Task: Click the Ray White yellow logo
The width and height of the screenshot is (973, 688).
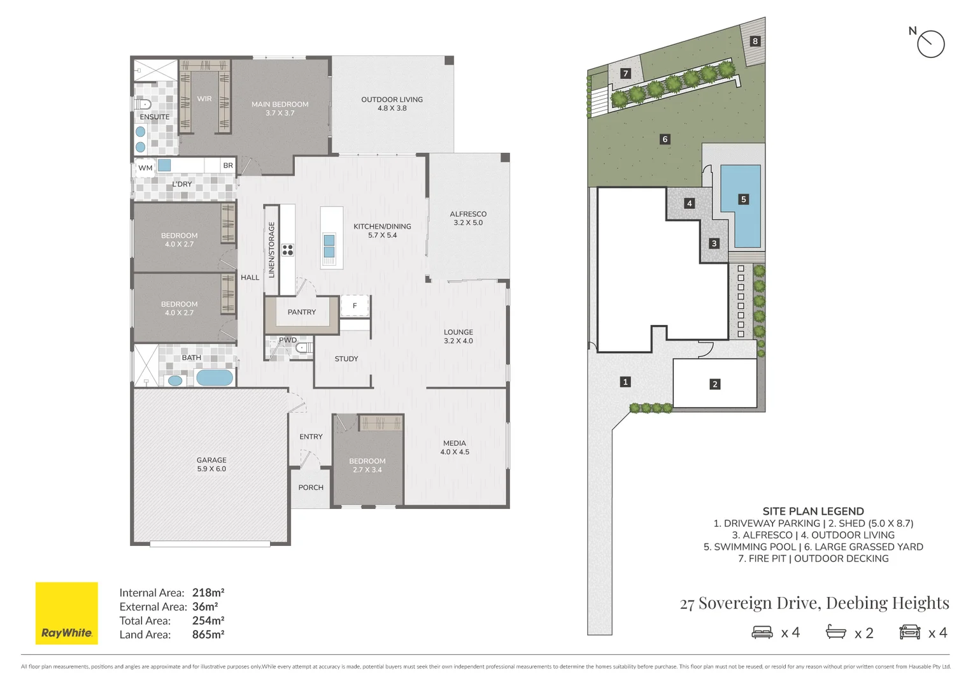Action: tap(66, 613)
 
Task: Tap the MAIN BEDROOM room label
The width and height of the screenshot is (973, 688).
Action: tap(280, 104)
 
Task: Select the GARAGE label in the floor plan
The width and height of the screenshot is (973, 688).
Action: tap(211, 460)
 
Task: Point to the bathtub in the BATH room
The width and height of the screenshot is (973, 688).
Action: tap(215, 378)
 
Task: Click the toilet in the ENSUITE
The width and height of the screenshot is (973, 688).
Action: tap(143, 104)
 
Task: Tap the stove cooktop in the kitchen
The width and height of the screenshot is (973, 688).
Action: tap(288, 250)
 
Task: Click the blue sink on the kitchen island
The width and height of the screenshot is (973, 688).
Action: tap(329, 245)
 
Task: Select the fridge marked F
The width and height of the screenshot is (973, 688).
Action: tap(355, 306)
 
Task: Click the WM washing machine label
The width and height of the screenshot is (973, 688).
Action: tap(145, 168)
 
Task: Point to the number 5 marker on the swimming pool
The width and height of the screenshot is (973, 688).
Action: tap(744, 199)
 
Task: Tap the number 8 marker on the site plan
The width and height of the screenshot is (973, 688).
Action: tap(755, 41)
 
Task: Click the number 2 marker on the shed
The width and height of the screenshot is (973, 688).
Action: tap(715, 384)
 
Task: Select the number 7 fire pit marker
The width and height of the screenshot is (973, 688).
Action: tap(625, 73)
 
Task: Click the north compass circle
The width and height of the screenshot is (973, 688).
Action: tap(931, 44)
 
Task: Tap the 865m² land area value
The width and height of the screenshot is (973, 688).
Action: tap(208, 634)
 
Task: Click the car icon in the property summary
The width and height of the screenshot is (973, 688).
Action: tap(909, 633)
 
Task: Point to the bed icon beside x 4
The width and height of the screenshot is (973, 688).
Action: tap(762, 633)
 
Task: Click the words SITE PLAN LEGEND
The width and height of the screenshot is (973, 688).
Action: tap(813, 512)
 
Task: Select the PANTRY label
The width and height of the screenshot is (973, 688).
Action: tap(301, 312)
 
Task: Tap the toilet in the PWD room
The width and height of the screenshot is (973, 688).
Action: tap(304, 348)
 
